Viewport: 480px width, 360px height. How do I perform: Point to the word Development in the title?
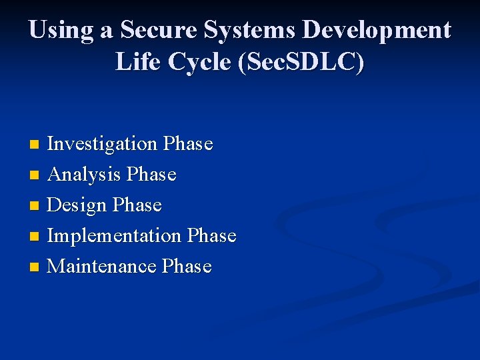377,31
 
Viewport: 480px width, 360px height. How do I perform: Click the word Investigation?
102,144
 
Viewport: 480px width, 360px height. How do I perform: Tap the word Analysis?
84,175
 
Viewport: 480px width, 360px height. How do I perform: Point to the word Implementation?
114,236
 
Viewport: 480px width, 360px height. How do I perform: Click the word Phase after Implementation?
212,236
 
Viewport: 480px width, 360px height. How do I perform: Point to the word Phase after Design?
137,205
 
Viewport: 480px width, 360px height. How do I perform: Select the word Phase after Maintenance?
187,267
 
